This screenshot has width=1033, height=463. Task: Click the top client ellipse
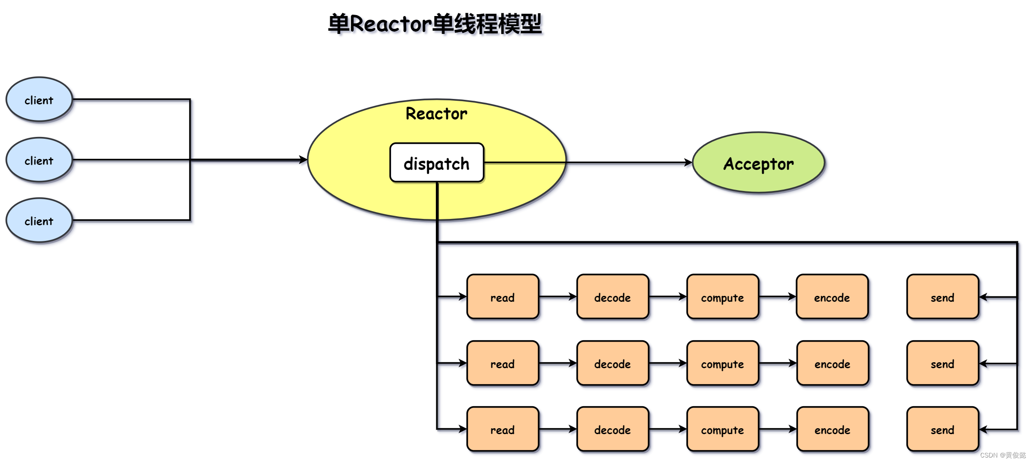[x=39, y=99]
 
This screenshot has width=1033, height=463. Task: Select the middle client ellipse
[x=39, y=160]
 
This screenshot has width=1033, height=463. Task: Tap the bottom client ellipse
[x=39, y=220]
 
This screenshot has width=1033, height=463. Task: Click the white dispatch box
[x=436, y=163]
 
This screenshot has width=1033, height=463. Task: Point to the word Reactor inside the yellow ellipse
[x=436, y=114]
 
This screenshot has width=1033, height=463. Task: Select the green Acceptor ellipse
[x=758, y=163]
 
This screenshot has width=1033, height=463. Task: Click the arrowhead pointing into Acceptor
[x=688, y=162]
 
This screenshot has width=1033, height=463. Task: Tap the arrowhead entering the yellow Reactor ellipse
[x=303, y=160]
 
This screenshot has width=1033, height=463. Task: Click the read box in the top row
[x=503, y=297]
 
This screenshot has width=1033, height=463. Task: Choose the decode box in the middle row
[x=613, y=363]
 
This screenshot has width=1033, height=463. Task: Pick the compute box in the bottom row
[x=722, y=429]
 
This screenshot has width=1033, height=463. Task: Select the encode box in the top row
[x=832, y=297]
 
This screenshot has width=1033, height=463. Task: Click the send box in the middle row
[x=942, y=363]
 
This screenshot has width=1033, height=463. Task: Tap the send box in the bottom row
[x=942, y=429]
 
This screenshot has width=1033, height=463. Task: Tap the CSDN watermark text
[x=1003, y=455]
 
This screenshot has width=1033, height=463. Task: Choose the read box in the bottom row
[x=503, y=429]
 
